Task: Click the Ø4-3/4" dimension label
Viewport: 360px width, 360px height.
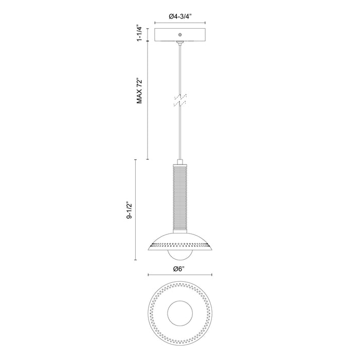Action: click(179, 16)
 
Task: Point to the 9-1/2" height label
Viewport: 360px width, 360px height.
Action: click(131, 210)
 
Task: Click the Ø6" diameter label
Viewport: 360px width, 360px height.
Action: click(179, 268)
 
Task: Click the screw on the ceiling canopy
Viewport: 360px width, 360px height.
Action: click(179, 34)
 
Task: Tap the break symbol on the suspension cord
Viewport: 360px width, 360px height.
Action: click(179, 99)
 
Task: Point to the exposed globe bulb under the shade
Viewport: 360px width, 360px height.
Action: click(179, 256)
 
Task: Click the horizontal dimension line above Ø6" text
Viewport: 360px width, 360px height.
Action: click(179, 275)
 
